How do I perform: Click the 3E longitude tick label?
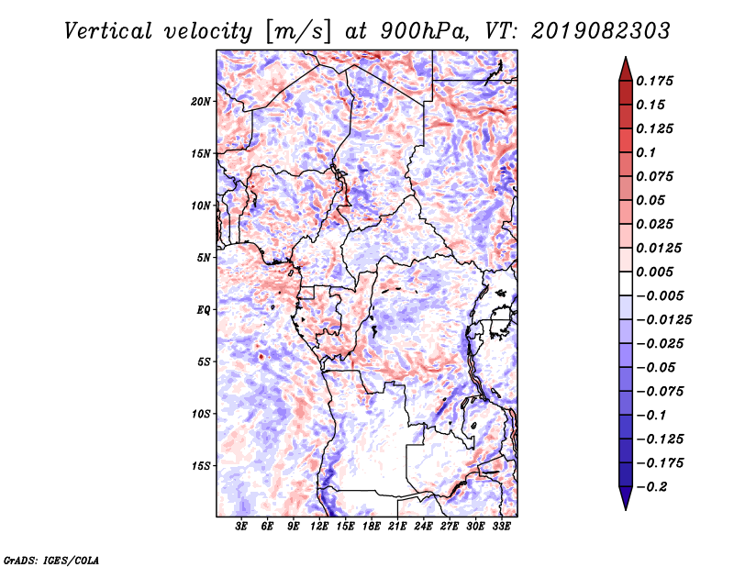[x=242, y=527]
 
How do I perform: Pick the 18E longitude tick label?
[x=372, y=527]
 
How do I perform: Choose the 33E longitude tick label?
[x=501, y=527]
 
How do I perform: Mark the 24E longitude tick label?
[x=423, y=527]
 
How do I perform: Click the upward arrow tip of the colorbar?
[x=624, y=61]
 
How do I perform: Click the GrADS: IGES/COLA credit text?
[x=51, y=559]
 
